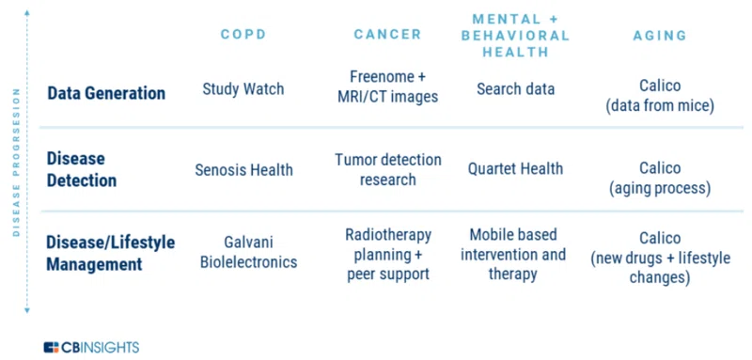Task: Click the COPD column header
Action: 243,35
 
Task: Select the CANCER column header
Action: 387,35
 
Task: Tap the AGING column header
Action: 660,36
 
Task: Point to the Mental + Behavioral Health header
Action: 515,36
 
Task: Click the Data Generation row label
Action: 106,93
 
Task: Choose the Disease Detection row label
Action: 82,170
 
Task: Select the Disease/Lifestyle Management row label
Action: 111,253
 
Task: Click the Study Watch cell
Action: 243,88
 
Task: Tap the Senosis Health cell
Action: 243,170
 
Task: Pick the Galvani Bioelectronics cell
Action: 248,252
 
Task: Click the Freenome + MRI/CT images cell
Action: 387,86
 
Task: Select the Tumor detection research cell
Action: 388,170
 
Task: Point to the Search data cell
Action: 515,88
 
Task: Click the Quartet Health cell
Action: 515,169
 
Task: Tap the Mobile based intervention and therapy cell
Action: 513,254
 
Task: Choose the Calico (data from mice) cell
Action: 660,96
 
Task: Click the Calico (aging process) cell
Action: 660,179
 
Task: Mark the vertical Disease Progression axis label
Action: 16,162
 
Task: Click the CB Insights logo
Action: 91,347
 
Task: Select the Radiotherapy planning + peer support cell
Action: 388,254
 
